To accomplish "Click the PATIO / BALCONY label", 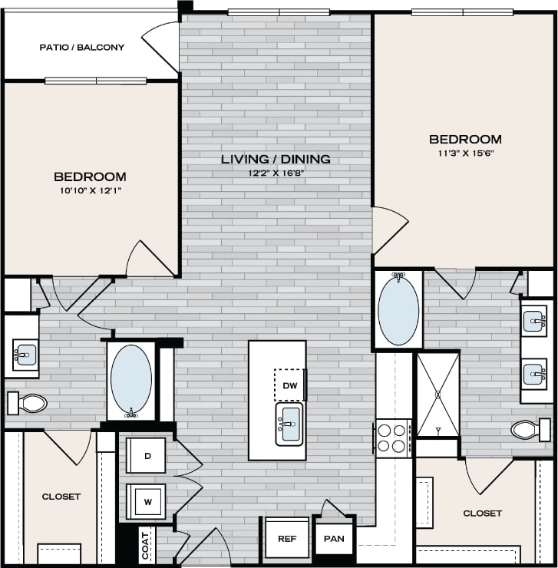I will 81,48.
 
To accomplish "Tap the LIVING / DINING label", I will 276,160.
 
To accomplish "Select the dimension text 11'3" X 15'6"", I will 465,153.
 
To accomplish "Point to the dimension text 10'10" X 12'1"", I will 90,190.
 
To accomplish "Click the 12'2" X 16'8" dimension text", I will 276,173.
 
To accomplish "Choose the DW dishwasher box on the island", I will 289,385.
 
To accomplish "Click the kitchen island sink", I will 289,424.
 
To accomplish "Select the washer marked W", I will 146,502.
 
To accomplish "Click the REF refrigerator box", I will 287,539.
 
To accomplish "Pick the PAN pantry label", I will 334,539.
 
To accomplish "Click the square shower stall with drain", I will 437,395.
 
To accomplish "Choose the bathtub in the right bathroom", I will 398,309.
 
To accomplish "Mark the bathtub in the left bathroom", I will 130,379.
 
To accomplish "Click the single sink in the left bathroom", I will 25,354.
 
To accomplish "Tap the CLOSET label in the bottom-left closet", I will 61,497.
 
